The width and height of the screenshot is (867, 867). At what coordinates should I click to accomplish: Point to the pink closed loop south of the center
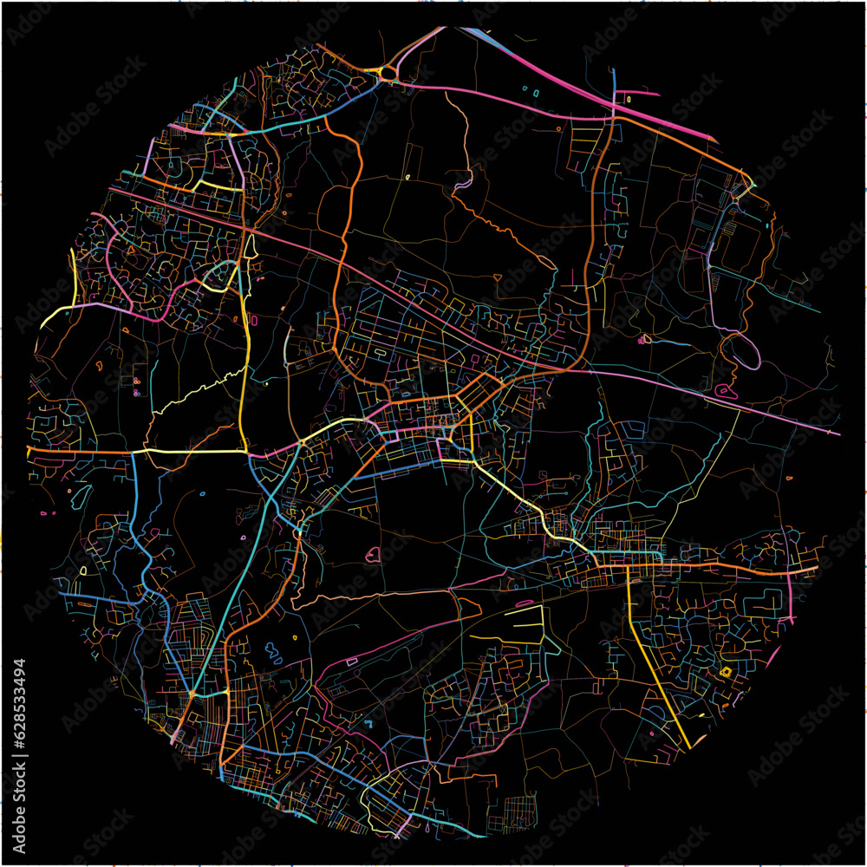374,555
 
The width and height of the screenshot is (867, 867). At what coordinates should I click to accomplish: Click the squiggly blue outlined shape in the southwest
273,649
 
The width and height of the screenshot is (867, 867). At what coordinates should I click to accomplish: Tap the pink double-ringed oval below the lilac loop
721,390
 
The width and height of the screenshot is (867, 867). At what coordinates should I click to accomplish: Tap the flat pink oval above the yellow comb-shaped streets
524,601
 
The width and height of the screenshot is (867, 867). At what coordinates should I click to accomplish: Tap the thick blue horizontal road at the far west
95,598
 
